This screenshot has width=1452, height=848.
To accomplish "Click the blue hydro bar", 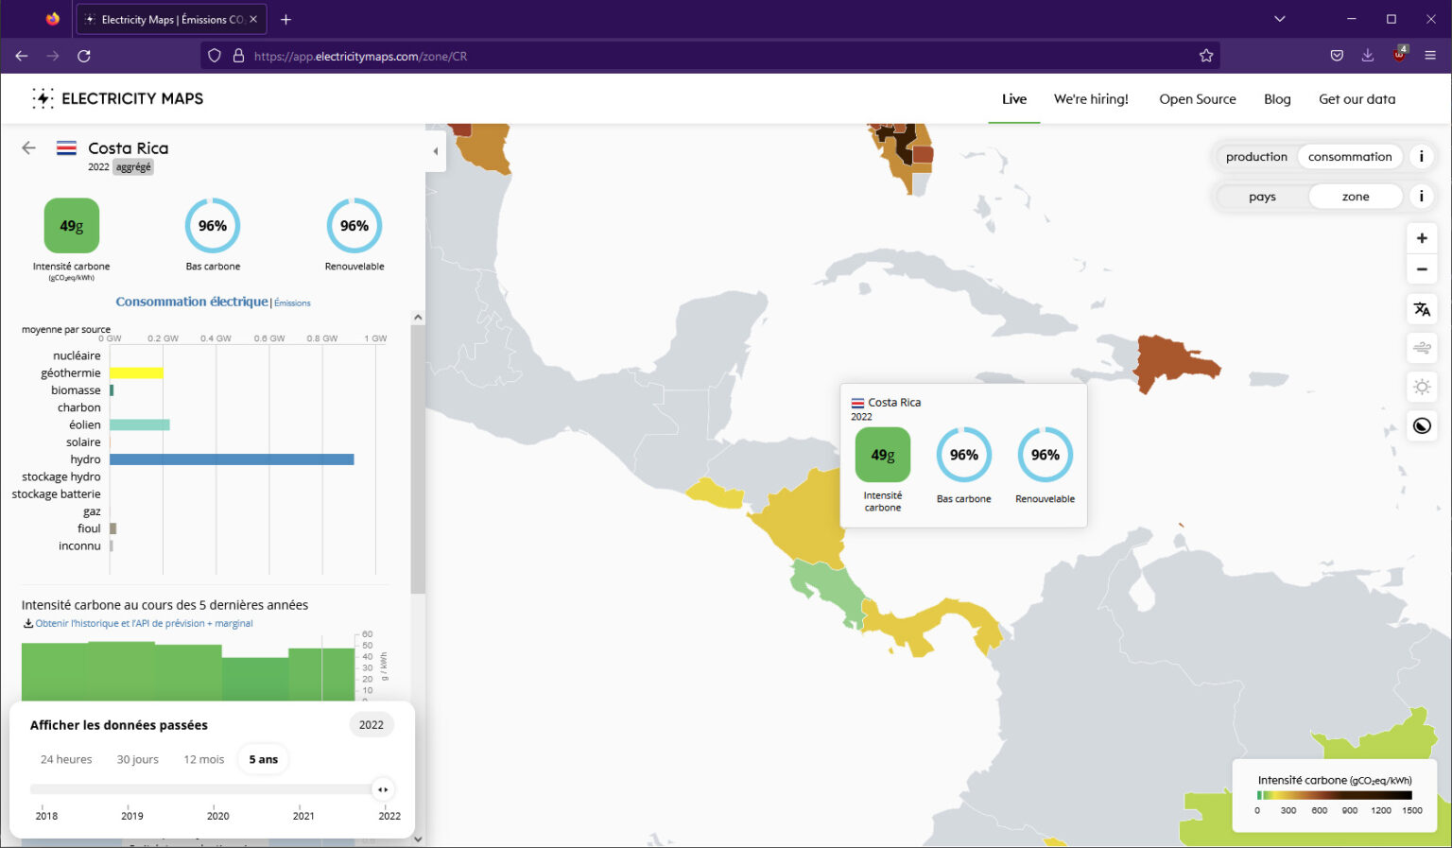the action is pos(232,459).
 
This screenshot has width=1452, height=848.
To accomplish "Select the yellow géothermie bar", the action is pos(136,372).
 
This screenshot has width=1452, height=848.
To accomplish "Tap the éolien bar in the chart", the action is pos(139,424).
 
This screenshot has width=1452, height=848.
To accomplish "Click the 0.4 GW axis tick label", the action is pos(216,338).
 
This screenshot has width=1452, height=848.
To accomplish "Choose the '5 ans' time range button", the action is pos(263,759).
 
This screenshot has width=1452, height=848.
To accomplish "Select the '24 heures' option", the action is pos(66,759).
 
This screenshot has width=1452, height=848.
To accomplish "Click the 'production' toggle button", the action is pos(1256,157).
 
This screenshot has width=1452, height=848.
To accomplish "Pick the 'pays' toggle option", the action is pos(1262,197).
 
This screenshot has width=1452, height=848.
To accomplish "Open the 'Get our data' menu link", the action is pos(1357,99).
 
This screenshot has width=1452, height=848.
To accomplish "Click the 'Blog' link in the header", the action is pos(1277,99).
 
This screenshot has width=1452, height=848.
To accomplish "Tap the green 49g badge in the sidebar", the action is pos(71,226).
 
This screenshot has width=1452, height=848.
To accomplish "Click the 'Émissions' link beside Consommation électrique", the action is pos(292,303).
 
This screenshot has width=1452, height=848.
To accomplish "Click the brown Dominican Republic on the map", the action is pos(1175,362).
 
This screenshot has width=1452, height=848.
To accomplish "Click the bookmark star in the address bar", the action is pos(1205,56).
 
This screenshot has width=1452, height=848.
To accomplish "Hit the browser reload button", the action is pos(83,56).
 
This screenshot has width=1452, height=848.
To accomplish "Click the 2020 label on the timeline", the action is pos(217,816).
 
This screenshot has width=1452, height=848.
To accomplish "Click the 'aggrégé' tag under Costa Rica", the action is pos(133,167).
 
